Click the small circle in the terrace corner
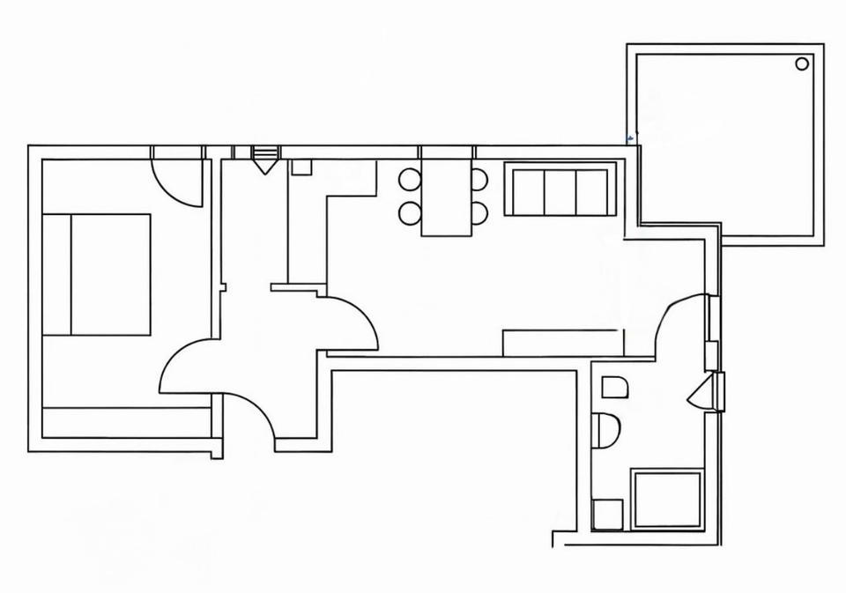click(802, 63)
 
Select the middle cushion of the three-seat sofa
click(560, 191)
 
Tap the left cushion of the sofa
click(529, 191)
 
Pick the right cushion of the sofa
click(591, 191)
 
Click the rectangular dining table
click(447, 198)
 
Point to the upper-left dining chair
click(410, 180)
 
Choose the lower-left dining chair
click(410, 212)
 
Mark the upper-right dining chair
click(479, 180)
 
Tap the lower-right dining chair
click(479, 212)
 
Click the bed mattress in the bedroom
click(109, 274)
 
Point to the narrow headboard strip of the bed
click(56, 274)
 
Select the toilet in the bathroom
click(606, 431)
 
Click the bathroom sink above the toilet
click(614, 387)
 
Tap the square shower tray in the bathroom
click(668, 500)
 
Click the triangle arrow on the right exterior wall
click(701, 393)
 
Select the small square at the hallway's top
click(301, 167)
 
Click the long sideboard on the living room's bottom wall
click(563, 343)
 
